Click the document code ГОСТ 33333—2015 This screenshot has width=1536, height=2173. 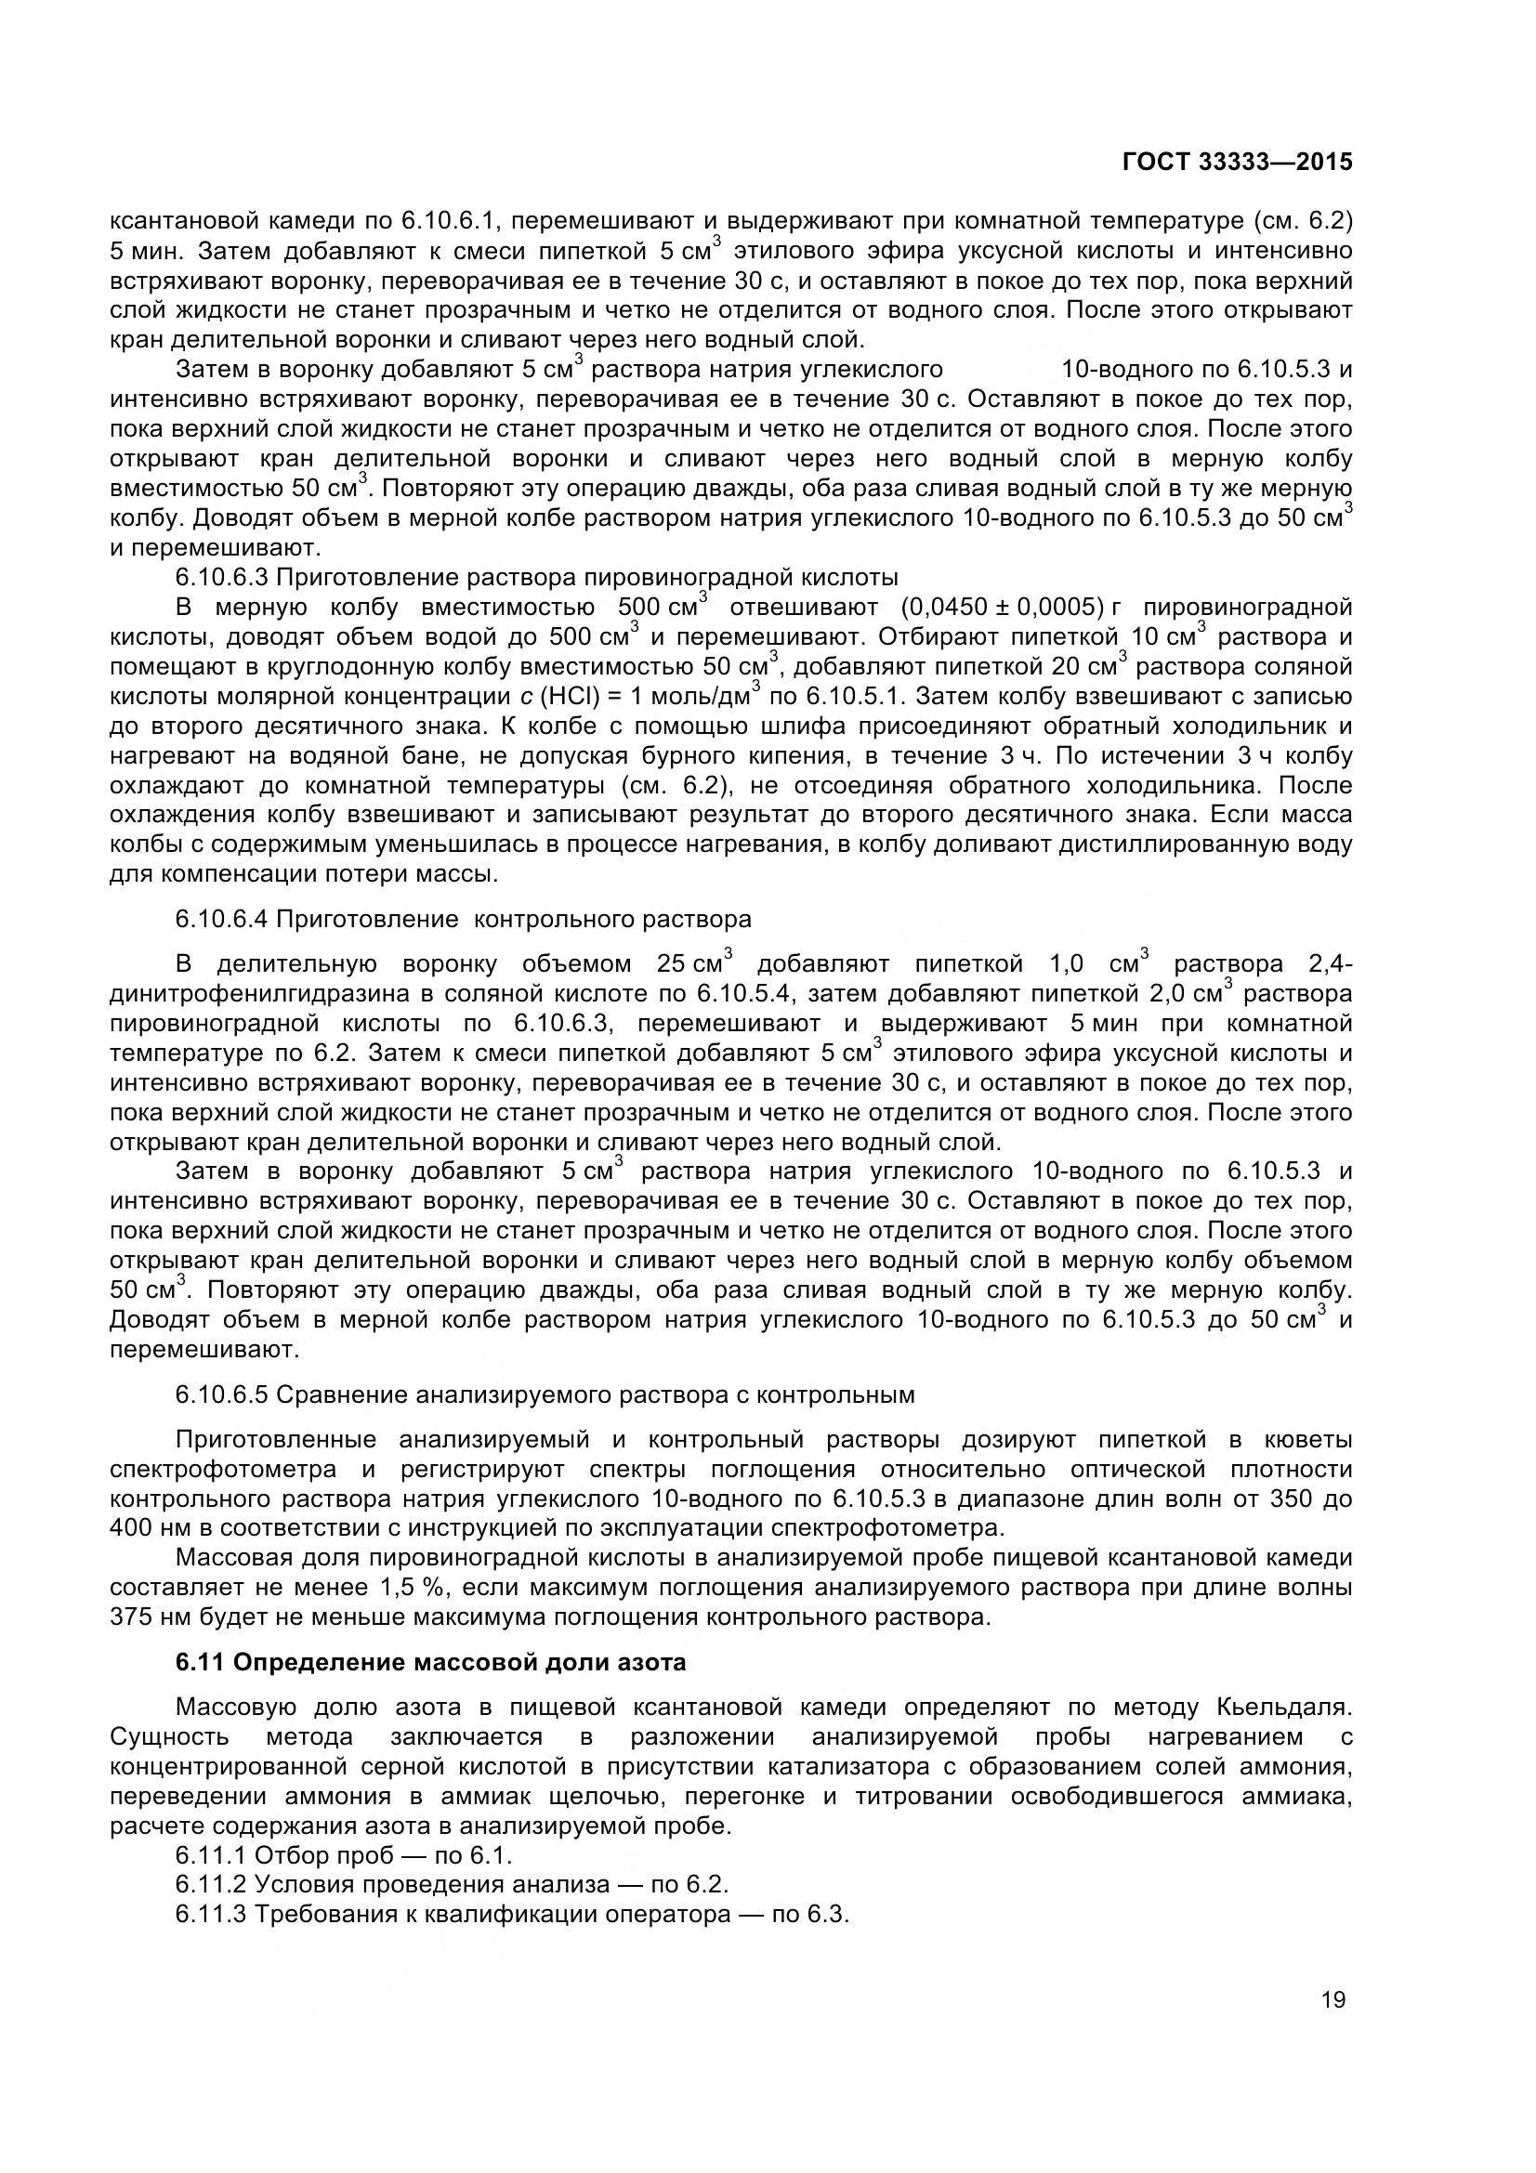click(1237, 162)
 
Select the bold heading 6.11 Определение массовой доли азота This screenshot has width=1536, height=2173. click(430, 1662)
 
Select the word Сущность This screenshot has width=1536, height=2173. click(169, 1736)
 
